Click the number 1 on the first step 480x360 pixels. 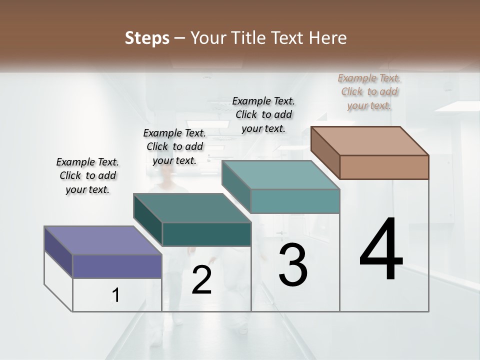coord(116,295)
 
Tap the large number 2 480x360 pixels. coord(201,280)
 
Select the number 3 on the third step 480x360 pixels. coord(293,265)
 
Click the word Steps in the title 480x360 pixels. coord(147,38)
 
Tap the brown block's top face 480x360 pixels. coord(370,141)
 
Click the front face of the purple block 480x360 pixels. coord(117,266)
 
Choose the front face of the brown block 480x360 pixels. coord(384,167)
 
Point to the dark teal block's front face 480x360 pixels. coord(206,234)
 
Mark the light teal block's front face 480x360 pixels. coord(295,201)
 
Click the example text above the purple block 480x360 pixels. coord(87,176)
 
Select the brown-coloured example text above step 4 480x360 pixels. coord(369,92)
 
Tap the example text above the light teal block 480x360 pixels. coord(263,114)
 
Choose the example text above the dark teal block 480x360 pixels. coord(174,146)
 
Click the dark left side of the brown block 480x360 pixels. coord(325,153)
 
